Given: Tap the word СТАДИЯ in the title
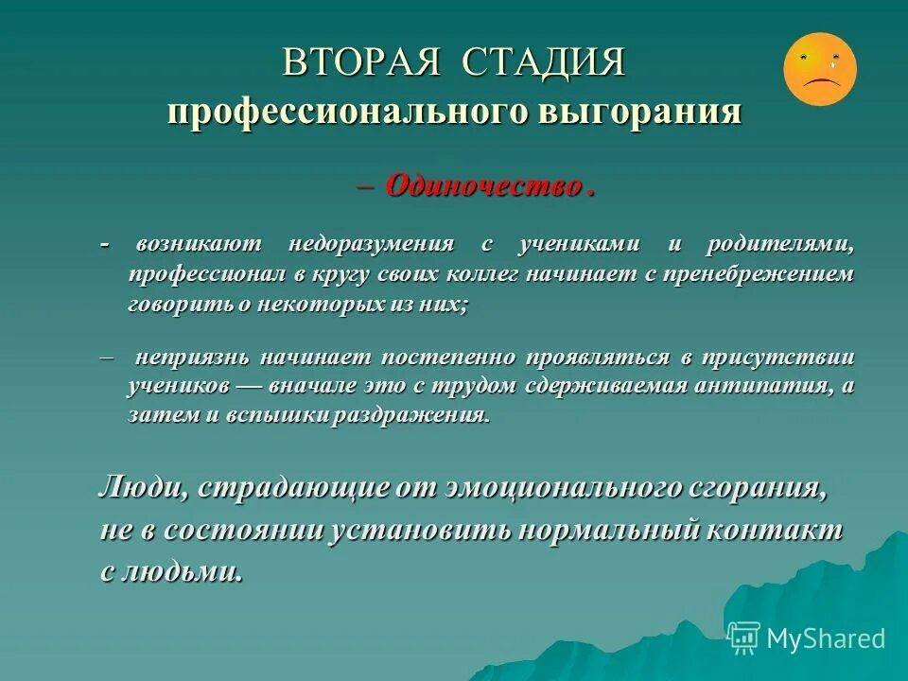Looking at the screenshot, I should tap(545, 63).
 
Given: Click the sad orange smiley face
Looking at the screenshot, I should tap(819, 68).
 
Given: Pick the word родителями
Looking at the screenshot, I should tap(780, 245).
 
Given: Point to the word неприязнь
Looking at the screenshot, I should tap(192, 358).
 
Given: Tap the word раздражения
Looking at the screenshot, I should tap(410, 417).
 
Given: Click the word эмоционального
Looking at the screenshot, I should tap(550, 489).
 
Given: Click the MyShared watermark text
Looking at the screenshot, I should tap(825, 638).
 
